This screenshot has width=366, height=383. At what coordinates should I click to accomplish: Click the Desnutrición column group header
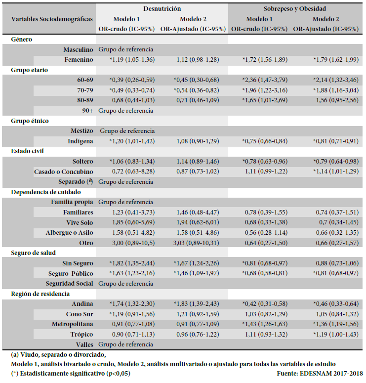[162, 9]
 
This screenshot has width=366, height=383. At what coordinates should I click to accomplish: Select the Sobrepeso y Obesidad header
[294, 9]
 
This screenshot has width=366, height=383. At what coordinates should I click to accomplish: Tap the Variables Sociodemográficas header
[52, 19]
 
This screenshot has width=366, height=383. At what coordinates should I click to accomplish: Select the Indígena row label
[80, 141]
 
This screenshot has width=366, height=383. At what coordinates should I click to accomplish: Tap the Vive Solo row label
[79, 222]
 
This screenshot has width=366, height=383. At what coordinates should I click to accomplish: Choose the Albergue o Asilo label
[69, 233]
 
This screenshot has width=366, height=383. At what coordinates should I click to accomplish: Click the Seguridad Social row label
[70, 284]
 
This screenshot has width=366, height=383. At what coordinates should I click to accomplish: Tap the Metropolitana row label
[72, 324]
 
